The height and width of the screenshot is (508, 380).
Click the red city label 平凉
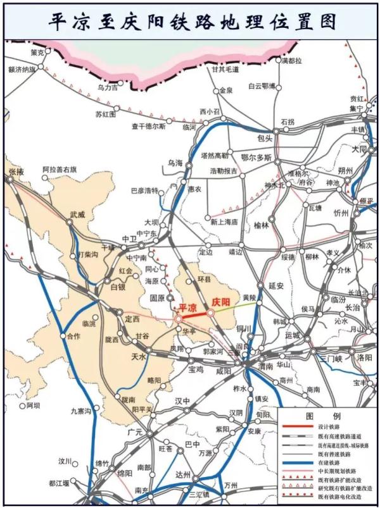coord(188,307)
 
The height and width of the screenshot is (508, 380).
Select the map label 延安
coord(275,285)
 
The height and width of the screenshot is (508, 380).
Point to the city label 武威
coord(77,214)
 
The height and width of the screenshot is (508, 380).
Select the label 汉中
coord(182,401)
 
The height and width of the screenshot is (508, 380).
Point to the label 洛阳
coord(365,357)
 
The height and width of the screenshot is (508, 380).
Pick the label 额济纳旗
coord(18,69)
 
